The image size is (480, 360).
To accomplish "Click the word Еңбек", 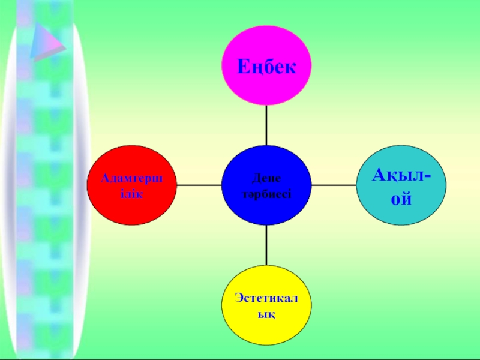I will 266,66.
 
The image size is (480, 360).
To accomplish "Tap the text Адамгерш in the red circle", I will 131,178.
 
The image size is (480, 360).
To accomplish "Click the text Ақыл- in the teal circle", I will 401,175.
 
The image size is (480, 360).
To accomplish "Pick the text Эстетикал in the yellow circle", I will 266,299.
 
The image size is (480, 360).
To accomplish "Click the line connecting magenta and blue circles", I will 266,125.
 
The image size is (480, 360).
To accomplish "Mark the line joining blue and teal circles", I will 334,185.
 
